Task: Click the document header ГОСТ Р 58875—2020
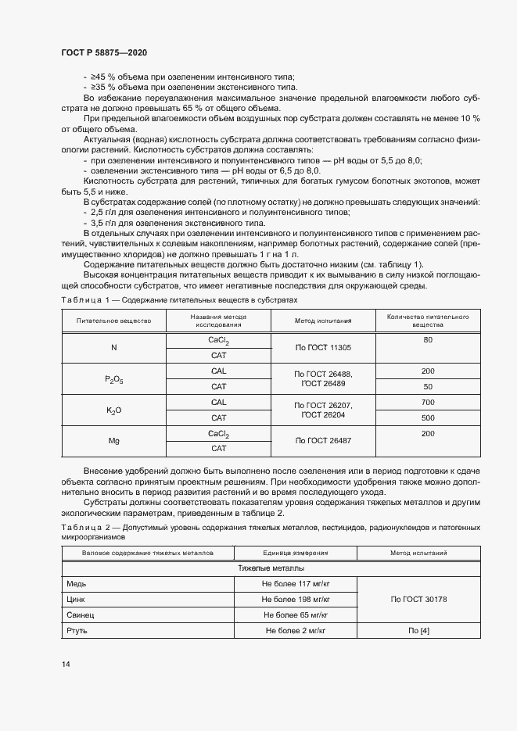(x=104, y=52)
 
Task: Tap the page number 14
(x=66, y=664)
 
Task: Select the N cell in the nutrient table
(x=115, y=348)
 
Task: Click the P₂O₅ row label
(x=115, y=379)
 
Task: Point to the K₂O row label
(x=115, y=410)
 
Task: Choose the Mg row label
(x=115, y=441)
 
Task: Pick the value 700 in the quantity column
(x=428, y=402)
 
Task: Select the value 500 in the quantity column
(x=428, y=417)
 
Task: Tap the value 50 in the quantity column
(x=428, y=386)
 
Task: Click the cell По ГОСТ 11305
(x=323, y=348)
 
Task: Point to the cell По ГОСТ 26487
(x=323, y=441)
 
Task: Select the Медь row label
(x=77, y=583)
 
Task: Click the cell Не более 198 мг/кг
(x=296, y=599)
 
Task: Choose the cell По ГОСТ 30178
(x=418, y=599)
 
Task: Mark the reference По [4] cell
(x=418, y=630)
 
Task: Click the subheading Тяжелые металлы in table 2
(x=271, y=568)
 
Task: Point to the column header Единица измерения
(x=296, y=553)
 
